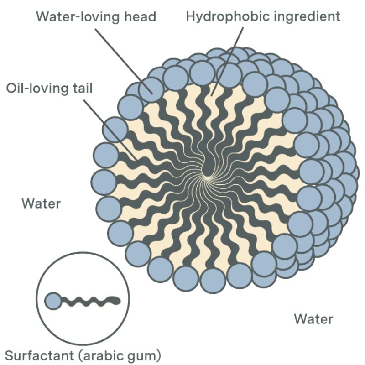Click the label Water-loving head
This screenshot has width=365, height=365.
pyautogui.click(x=96, y=17)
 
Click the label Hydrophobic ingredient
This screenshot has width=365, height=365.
pyautogui.click(x=263, y=16)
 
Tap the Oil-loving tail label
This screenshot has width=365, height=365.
pyautogui.click(x=49, y=89)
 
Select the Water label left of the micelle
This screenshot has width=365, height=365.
pyautogui.click(x=41, y=203)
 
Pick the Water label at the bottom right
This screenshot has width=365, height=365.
pyautogui.click(x=313, y=319)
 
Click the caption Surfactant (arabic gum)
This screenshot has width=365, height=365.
pyautogui.click(x=83, y=356)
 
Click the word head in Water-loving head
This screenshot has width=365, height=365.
pyautogui.click(x=140, y=17)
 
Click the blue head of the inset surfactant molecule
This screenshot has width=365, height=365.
pyautogui.click(x=53, y=301)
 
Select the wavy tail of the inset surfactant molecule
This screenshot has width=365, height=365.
pyautogui.click(x=91, y=301)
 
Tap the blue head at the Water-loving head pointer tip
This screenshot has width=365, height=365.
pyautogui.click(x=151, y=90)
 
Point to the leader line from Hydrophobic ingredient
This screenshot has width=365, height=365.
pyautogui.click(x=227, y=62)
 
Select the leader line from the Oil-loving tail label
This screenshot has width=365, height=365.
pyautogui.click(x=112, y=132)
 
